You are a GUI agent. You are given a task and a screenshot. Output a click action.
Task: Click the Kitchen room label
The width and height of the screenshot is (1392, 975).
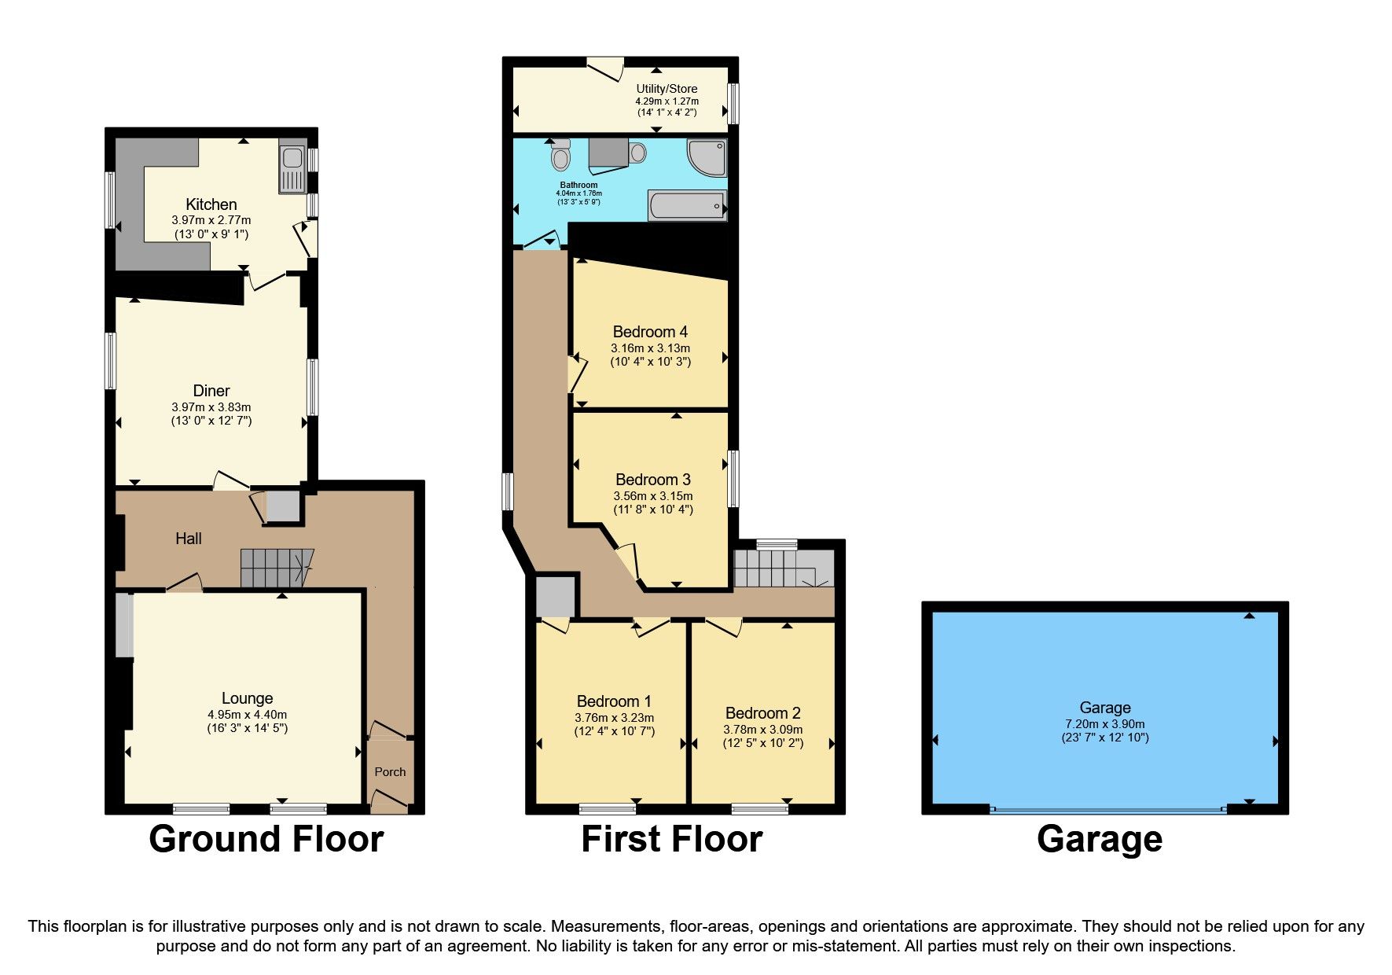[211, 204]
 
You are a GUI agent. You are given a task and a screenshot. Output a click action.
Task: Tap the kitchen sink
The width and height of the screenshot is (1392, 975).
[292, 170]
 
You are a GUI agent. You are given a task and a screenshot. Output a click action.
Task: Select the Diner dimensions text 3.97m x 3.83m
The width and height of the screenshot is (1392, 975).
[211, 407]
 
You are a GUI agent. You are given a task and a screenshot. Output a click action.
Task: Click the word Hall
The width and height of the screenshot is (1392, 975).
[189, 539]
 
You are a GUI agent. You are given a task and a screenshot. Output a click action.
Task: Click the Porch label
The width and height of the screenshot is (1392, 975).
[390, 772]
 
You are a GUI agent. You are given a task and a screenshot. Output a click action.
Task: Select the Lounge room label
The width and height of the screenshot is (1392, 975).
[247, 698]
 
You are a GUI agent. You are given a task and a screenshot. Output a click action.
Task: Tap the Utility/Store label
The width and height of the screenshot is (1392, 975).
[667, 89]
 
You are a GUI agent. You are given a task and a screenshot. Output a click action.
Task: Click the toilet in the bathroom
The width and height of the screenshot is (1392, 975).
[560, 156]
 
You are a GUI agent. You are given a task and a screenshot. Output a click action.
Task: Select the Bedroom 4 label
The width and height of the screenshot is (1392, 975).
[650, 332]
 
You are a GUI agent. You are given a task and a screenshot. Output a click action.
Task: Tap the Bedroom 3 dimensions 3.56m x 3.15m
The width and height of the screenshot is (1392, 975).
[652, 496]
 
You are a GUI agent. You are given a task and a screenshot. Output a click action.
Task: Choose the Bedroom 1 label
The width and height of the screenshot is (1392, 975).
[613, 701]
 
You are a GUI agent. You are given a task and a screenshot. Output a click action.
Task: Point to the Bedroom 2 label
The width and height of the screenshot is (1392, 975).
[762, 713]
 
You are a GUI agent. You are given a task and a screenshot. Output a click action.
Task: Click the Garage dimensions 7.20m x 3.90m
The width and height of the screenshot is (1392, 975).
[1104, 724]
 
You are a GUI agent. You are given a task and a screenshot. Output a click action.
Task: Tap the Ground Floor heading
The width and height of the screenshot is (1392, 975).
[266, 839]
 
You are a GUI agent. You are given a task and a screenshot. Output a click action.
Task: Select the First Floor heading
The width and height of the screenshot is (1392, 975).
[671, 839]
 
